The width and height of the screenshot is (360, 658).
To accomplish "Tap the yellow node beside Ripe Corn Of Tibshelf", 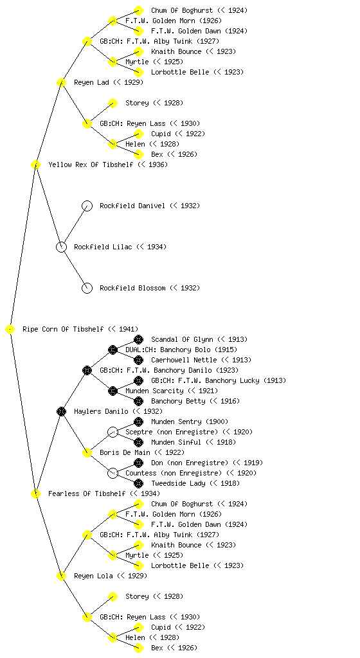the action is tap(10, 330).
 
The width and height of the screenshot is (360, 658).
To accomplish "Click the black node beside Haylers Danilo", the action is tap(61, 411).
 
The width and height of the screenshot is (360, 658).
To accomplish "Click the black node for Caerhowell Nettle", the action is tap(138, 360).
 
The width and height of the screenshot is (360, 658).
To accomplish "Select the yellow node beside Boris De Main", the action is tap(87, 452).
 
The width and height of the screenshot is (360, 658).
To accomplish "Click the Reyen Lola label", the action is tap(93, 576).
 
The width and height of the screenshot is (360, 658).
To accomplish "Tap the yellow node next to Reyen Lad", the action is tap(61, 82).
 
